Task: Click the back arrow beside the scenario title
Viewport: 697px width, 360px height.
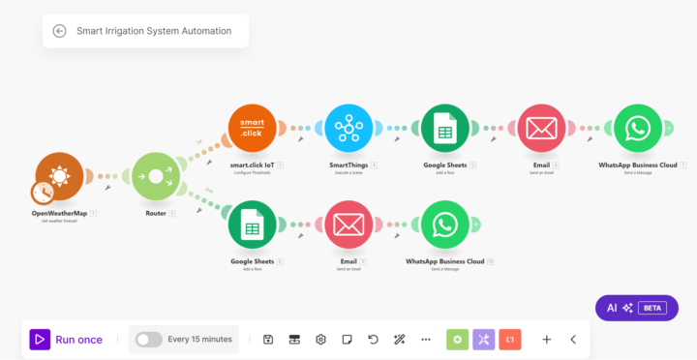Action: point(59,31)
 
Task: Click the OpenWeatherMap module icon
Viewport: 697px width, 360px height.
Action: point(59,177)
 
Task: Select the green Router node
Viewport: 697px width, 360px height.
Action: point(156,177)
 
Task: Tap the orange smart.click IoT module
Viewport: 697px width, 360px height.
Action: point(253,128)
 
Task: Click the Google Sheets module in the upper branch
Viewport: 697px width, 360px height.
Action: point(444,128)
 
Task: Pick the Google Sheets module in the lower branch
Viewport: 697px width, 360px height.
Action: point(253,225)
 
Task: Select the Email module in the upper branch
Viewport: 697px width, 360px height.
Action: point(541,128)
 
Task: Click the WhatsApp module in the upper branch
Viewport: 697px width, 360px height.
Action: point(637,128)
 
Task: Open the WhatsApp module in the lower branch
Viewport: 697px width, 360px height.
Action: point(444,225)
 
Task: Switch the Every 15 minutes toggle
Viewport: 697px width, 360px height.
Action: point(148,340)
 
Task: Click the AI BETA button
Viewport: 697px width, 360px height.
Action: point(636,308)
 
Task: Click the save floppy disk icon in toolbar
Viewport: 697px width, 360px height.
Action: point(268,340)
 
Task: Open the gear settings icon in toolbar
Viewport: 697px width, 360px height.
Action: point(320,340)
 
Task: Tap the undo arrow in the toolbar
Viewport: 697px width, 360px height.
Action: point(373,340)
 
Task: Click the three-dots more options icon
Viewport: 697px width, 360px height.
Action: point(425,340)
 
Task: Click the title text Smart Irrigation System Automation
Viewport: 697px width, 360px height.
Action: point(154,31)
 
